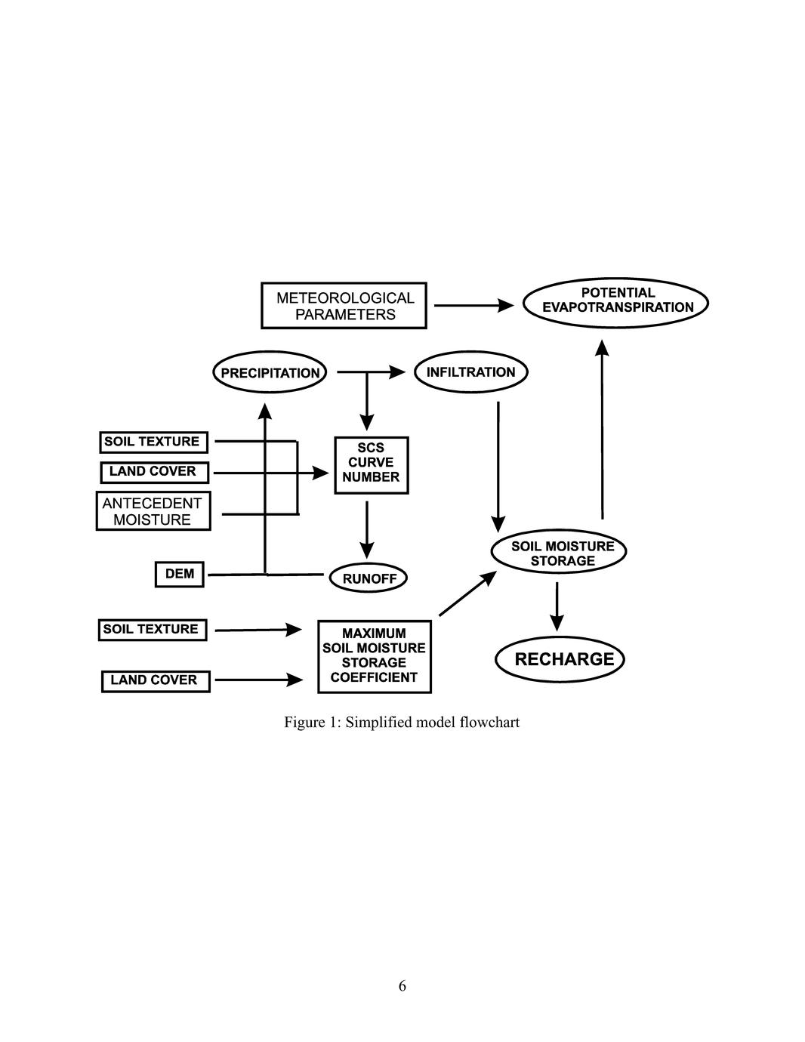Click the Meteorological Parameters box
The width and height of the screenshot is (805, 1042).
coord(344,306)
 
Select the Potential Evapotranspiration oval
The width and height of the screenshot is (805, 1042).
coord(616,301)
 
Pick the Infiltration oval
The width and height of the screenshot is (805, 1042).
coord(470,372)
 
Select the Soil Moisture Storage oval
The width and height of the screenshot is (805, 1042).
coord(559,553)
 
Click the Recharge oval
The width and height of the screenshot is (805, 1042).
coord(560,659)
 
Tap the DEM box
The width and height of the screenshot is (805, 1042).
coord(180,574)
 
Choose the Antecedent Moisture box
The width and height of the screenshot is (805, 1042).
coord(153,511)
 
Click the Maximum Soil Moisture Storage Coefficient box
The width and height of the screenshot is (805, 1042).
coord(374,655)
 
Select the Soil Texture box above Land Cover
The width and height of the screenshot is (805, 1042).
coord(153,442)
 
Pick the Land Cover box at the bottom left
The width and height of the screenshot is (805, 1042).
coord(155,680)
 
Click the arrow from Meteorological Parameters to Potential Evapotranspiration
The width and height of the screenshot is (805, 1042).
coord(474,305)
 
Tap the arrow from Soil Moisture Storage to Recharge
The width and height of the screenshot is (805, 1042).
coord(557,606)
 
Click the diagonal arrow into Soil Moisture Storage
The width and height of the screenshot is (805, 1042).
coord(467,593)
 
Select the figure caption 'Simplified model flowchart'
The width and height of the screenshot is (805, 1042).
coord(401,723)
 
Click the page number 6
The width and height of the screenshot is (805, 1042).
coord(402,985)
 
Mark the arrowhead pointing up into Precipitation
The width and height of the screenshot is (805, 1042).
coord(264,411)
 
